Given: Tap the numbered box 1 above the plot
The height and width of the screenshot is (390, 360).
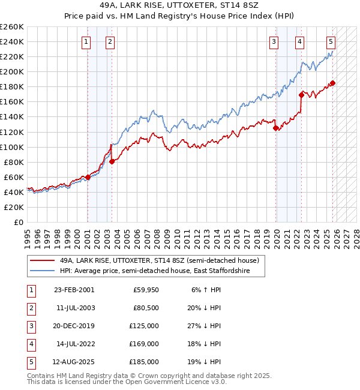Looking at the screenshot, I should [87, 41].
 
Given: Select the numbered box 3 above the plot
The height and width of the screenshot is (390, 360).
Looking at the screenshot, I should [274, 41].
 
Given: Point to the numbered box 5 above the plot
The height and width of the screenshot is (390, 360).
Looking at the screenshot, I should [331, 41].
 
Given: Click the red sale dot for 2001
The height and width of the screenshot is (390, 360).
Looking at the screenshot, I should [88, 177].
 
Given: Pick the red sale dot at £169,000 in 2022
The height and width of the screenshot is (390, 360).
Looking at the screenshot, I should [301, 94].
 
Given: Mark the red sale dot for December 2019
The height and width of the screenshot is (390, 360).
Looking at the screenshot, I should [275, 128].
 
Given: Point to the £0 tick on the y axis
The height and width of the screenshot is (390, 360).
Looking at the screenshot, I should [19, 222].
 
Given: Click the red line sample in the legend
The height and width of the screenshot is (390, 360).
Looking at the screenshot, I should [42, 261].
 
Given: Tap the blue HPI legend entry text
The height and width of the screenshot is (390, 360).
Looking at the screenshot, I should [162, 271].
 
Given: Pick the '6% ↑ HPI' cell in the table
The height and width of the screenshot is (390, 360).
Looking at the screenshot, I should [205, 290].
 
